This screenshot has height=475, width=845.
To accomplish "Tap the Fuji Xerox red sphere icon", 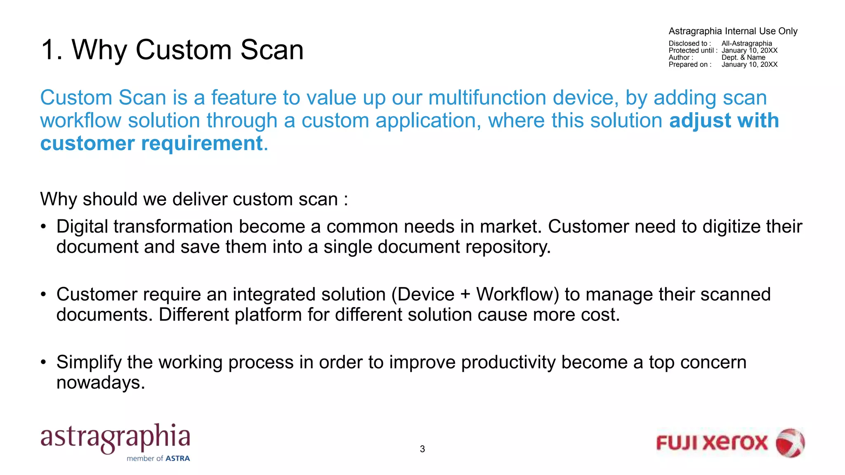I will pyautogui.click(x=790, y=443).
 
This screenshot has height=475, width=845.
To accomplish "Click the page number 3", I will pyautogui.click(x=422, y=449).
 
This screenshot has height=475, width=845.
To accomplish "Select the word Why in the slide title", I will pyautogui.click(x=99, y=50).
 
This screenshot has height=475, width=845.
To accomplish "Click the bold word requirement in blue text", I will pyautogui.click(x=202, y=143).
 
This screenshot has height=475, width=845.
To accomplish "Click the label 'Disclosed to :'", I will pyautogui.click(x=689, y=43).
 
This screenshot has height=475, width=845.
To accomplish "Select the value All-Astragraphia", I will pyautogui.click(x=746, y=43).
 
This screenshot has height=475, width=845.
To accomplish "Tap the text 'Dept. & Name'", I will pyautogui.click(x=743, y=57).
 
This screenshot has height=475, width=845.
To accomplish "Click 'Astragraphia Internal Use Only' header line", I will pyautogui.click(x=733, y=31).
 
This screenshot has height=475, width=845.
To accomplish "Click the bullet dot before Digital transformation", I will pyautogui.click(x=43, y=227).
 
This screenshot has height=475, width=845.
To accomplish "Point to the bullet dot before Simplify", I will pyautogui.click(x=43, y=362).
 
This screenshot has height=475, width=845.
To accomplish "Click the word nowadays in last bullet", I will pyautogui.click(x=100, y=383).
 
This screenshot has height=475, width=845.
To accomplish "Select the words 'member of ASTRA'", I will pyautogui.click(x=158, y=459).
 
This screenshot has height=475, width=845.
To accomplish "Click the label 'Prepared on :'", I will pyautogui.click(x=690, y=64).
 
